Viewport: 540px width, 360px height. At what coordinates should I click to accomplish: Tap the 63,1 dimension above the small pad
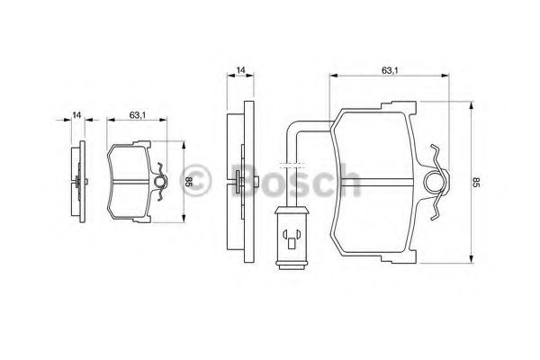(x=138, y=115)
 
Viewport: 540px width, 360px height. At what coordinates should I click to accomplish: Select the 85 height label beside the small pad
(x=187, y=181)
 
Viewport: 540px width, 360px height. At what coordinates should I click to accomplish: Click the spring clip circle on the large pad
(x=435, y=182)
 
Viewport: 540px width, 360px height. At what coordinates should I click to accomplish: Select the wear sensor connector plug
(x=292, y=238)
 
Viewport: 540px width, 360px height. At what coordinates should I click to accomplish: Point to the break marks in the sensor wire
(x=289, y=167)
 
